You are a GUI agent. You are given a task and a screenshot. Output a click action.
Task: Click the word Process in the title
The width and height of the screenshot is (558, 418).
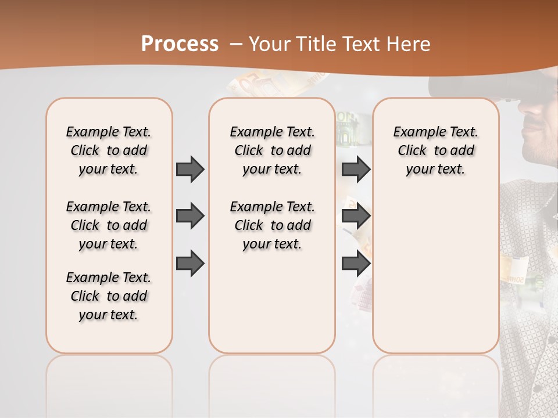(180, 44)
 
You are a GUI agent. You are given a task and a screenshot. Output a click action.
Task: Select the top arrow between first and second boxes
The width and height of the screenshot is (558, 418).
(190, 169)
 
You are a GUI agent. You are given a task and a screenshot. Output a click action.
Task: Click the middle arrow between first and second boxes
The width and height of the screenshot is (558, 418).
(190, 216)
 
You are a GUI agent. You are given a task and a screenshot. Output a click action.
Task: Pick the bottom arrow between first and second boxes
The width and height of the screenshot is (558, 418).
(190, 263)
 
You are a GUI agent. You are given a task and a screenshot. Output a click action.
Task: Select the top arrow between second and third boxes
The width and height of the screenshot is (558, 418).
(356, 169)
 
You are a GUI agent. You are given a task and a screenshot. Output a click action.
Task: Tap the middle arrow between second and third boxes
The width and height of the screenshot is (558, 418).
(356, 216)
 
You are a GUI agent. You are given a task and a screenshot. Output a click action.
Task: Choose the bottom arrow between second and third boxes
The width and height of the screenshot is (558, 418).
(356, 263)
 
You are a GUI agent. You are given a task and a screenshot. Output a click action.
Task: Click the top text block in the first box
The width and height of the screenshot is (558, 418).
(109, 150)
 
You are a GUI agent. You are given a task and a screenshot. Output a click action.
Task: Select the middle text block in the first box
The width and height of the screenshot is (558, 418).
(109, 225)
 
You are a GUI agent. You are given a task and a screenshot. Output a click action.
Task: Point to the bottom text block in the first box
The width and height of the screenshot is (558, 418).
(109, 296)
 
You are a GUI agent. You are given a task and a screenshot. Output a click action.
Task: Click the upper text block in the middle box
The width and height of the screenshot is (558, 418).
(272, 150)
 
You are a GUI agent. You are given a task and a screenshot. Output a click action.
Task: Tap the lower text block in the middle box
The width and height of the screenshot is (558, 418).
(272, 225)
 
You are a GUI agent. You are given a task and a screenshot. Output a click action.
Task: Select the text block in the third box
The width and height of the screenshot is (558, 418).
(435, 150)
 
